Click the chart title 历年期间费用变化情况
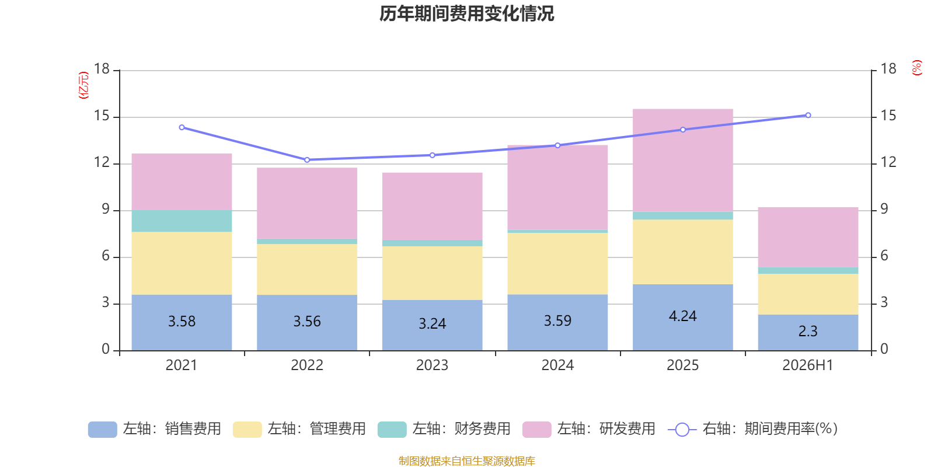pyautogui.click(x=466, y=14)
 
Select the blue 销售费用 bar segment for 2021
pyautogui.click(x=182, y=323)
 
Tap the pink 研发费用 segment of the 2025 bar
pyautogui.click(x=682, y=161)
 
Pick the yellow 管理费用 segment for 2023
pyautogui.click(x=433, y=273)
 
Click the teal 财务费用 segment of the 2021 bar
pyautogui.click(x=182, y=221)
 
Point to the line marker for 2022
pyautogui.click(x=307, y=160)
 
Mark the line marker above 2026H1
pyautogui.click(x=808, y=115)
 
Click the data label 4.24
pyautogui.click(x=682, y=316)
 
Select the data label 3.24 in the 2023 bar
pyautogui.click(x=433, y=323)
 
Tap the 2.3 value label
pyautogui.click(x=808, y=331)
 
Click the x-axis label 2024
pyautogui.click(x=557, y=365)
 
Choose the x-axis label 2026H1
pyautogui.click(x=808, y=365)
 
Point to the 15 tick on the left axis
pyautogui.click(x=102, y=116)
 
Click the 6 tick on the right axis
pyautogui.click(x=884, y=256)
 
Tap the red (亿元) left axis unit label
pyautogui.click(x=84, y=85)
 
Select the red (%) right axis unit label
pyautogui.click(x=917, y=68)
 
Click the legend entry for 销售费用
pyautogui.click(x=155, y=429)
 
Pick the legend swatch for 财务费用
pyautogui.click(x=392, y=430)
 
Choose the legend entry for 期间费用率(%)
pyautogui.click(x=753, y=429)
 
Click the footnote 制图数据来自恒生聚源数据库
pyautogui.click(x=466, y=461)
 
